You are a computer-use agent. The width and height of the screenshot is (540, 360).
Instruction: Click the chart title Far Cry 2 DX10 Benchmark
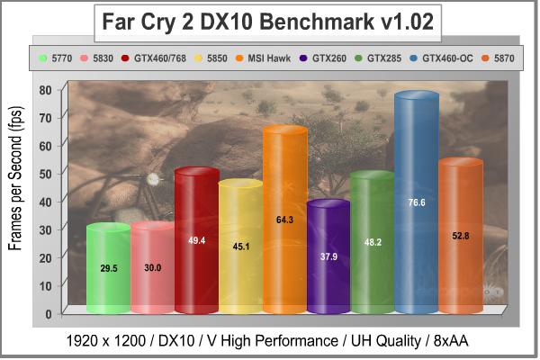click(x=269, y=23)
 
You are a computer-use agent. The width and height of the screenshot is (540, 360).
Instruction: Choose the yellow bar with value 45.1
click(x=240, y=247)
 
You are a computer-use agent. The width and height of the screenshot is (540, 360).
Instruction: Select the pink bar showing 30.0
click(x=152, y=267)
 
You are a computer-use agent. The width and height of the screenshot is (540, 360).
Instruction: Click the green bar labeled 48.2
click(x=373, y=243)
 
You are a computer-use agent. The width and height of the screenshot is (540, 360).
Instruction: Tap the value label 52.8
click(x=461, y=236)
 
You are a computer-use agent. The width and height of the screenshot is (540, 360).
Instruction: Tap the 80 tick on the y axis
click(x=45, y=89)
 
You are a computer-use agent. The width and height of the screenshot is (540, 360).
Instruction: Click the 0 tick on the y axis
click(x=49, y=313)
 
